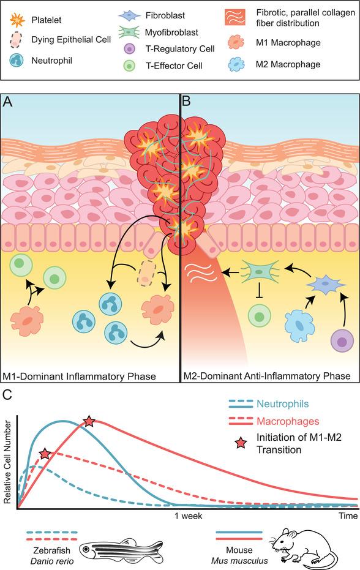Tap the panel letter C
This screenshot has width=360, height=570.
click(x=9, y=396)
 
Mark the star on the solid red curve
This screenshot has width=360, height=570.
click(x=89, y=421)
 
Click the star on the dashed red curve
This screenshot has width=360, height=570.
click(x=45, y=454)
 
